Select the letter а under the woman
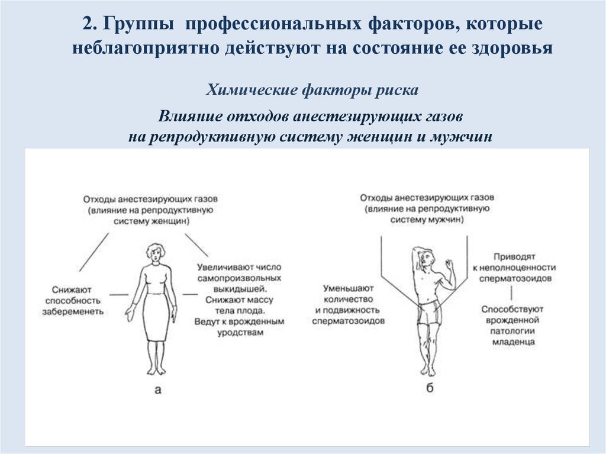click(157, 389)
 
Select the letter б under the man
click(430, 388)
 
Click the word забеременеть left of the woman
click(73, 311)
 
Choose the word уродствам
click(239, 333)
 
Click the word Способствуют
click(512, 309)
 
